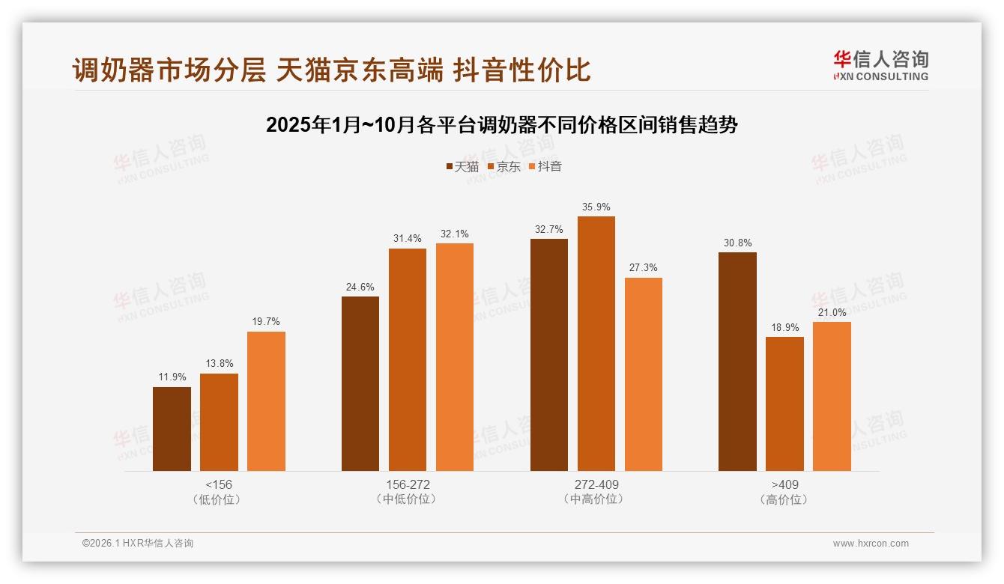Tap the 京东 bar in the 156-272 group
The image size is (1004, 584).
407,359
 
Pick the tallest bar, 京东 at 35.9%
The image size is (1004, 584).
596,344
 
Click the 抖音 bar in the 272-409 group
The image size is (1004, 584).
643,374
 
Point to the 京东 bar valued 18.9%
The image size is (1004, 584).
784,404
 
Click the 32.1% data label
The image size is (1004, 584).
454,234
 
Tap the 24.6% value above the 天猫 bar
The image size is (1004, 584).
360,287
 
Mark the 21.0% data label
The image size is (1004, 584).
832,313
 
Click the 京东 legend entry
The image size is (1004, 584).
504,167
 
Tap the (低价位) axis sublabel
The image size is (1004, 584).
218,499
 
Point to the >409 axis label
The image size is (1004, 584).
784,484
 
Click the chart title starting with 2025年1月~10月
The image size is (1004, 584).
501,125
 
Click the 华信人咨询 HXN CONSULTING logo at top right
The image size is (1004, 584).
880,65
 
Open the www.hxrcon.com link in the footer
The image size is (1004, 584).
870,544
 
